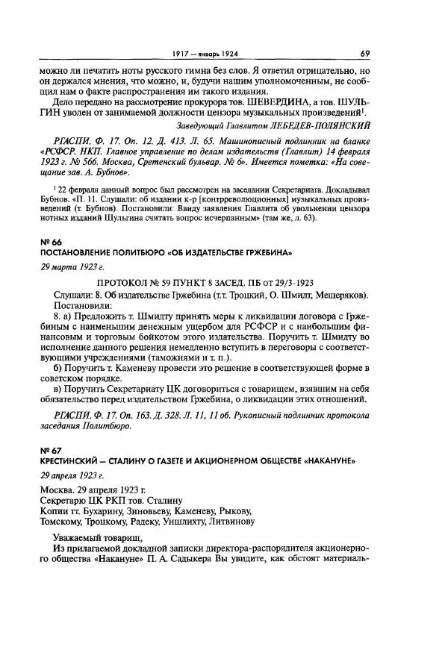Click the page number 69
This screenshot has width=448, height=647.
click(365, 53)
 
